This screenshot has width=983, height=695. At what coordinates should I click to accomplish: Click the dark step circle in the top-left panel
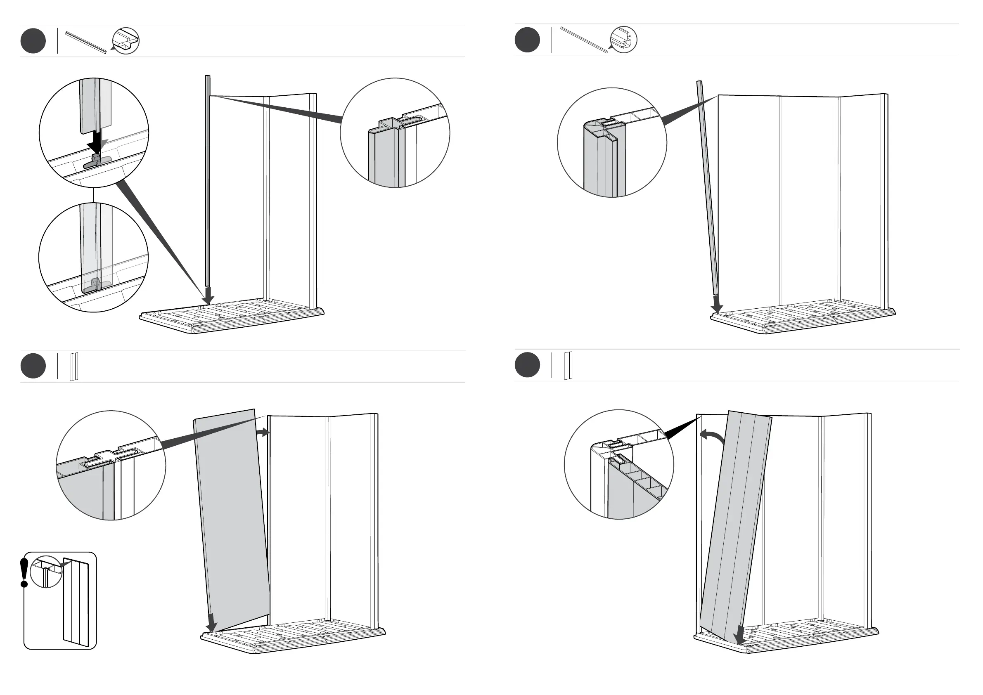[33, 41]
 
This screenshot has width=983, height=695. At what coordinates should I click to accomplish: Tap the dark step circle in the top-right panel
[527, 40]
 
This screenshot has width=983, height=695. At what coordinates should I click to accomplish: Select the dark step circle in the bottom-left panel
[33, 366]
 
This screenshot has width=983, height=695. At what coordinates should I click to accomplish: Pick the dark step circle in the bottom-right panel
[527, 365]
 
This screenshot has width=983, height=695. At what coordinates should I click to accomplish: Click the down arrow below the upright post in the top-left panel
[208, 295]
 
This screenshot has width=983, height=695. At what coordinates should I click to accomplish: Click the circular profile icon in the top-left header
[126, 41]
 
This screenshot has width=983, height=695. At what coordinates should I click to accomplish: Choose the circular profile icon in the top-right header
[623, 40]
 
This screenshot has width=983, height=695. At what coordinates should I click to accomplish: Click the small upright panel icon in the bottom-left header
[73, 367]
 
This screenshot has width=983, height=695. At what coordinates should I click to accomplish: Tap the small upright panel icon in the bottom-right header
[568, 366]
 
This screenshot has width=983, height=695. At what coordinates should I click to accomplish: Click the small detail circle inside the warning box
[47, 572]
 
